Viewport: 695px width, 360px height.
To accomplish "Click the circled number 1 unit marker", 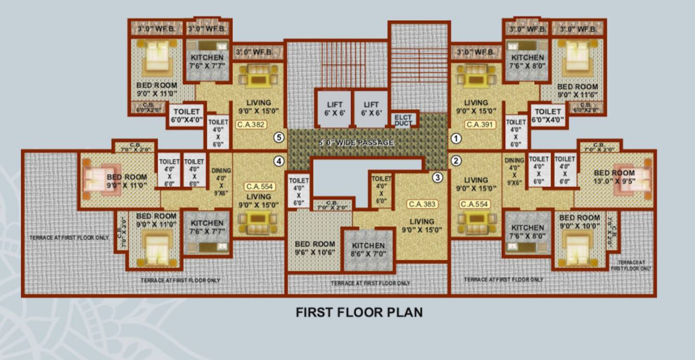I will [456, 138].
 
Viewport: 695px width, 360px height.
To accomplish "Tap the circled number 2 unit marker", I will [456, 160].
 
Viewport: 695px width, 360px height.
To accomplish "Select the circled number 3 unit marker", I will [438, 177].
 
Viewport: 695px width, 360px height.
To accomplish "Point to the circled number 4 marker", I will [279, 161].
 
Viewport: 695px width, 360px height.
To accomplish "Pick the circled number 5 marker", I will [279, 138].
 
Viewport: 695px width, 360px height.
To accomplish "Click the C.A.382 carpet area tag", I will [251, 124].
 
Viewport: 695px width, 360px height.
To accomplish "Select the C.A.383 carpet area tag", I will [422, 204].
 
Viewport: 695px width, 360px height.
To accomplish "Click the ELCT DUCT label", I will [403, 120].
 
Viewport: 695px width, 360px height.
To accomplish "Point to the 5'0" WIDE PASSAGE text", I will [356, 143].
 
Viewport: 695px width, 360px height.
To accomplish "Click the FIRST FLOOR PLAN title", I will [359, 312].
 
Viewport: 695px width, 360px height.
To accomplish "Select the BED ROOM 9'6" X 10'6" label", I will [315, 248].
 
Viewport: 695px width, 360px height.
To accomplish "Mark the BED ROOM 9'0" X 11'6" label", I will [577, 91].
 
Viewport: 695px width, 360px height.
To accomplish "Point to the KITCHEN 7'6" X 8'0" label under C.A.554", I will [527, 232].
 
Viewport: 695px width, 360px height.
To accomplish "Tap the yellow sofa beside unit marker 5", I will [258, 76].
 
